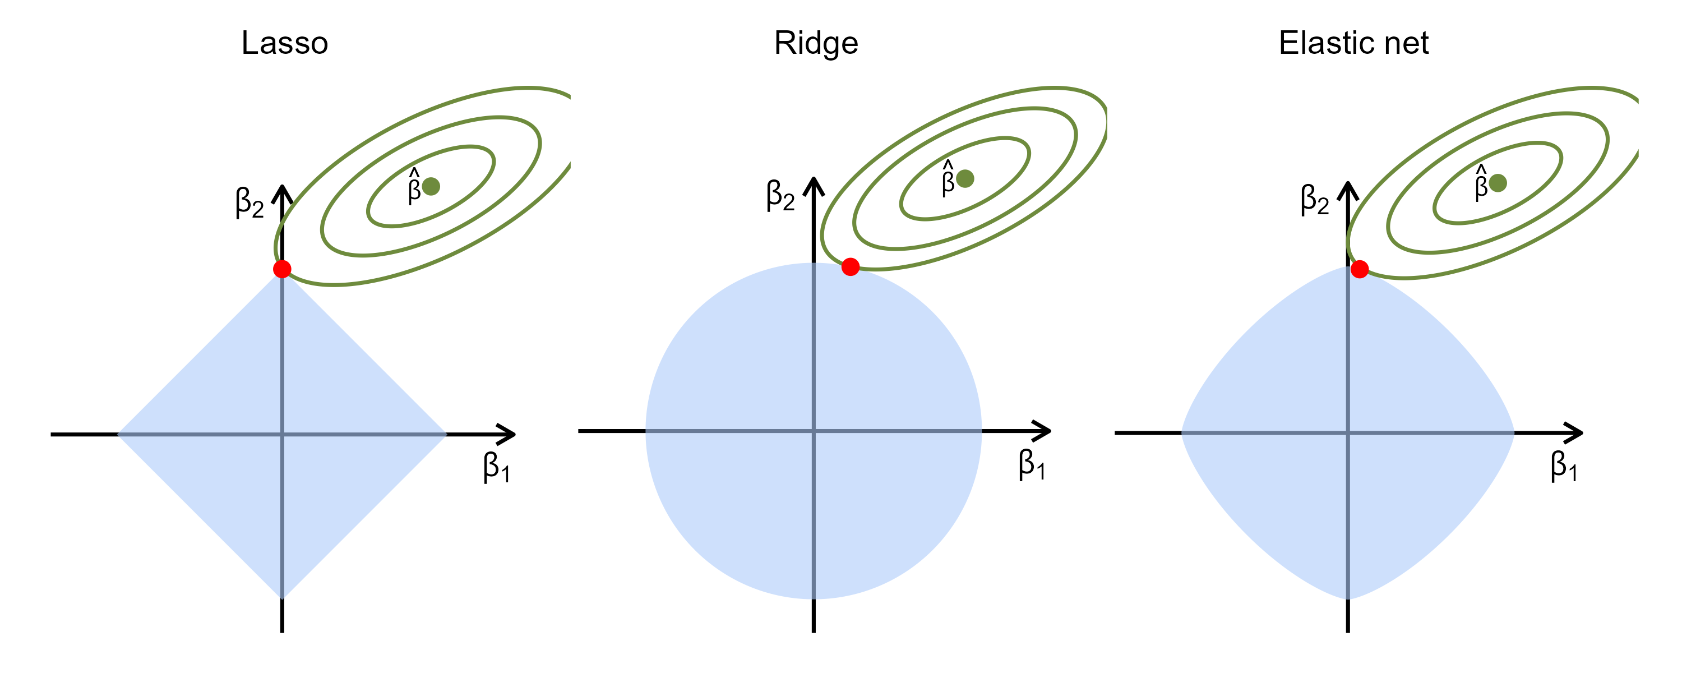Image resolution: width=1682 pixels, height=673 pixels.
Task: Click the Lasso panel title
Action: (285, 43)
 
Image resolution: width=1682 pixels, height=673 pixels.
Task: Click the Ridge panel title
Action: (816, 43)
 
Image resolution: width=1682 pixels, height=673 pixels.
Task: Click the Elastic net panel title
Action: (1353, 43)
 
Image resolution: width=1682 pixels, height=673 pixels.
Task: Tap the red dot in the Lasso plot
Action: (282, 269)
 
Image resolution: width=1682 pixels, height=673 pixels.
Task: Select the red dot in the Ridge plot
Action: (850, 266)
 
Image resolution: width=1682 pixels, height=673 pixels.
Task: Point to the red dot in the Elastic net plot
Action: (1360, 269)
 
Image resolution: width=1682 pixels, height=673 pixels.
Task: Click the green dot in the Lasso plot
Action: (431, 186)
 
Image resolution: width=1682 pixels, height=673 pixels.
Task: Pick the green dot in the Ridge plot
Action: (965, 178)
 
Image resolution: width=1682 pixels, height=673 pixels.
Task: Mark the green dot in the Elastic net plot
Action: (1498, 183)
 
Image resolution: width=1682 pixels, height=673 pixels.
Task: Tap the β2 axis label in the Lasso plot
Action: (249, 202)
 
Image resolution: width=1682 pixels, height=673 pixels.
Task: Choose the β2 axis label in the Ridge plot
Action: (780, 195)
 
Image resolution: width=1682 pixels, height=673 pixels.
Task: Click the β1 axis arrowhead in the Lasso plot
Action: (508, 434)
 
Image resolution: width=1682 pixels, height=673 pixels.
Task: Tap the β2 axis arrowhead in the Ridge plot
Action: (814, 185)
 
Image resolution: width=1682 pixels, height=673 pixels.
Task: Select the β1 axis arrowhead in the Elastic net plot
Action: (1574, 432)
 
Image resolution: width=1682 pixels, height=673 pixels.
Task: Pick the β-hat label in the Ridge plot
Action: (948, 178)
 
